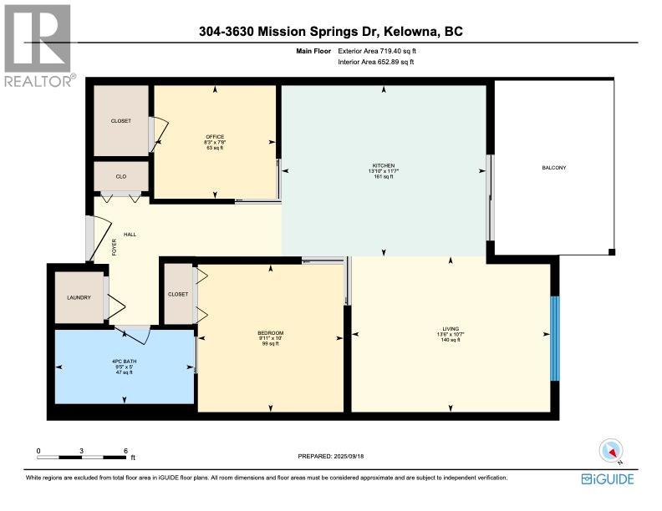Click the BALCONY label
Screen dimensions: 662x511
554,168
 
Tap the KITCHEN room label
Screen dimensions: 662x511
384,165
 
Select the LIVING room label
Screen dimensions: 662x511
451,329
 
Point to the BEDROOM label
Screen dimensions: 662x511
271,333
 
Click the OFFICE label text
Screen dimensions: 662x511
215,137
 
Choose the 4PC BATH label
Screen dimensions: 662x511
124,362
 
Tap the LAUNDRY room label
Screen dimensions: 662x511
79,297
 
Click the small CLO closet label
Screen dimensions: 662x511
121,177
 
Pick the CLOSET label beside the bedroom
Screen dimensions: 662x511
178,294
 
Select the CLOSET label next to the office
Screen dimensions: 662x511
121,121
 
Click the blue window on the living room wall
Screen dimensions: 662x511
555,338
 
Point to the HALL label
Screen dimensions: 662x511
130,235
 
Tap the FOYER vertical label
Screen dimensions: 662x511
114,247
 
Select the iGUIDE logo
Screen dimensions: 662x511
608,479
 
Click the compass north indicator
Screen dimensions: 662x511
611,451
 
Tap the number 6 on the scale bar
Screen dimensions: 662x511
126,451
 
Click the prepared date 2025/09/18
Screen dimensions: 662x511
349,456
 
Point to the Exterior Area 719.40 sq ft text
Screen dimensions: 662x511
377,51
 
